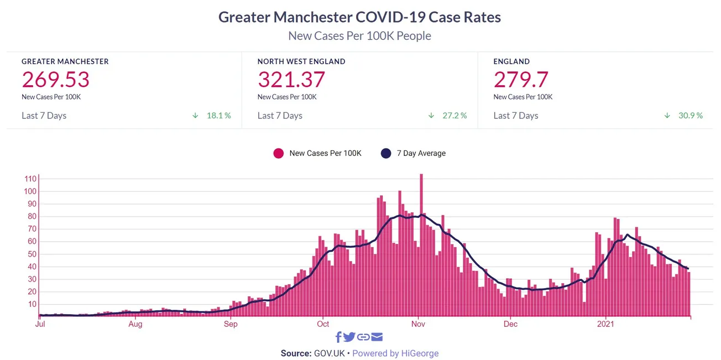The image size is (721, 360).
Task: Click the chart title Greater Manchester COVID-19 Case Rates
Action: click(359, 17)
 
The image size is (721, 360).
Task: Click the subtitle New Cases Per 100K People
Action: click(359, 36)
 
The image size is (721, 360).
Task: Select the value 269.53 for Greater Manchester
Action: click(55, 80)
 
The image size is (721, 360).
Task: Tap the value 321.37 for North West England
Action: click(291, 80)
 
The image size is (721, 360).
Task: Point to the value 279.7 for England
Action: click(521, 80)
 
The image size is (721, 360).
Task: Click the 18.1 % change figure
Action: click(219, 116)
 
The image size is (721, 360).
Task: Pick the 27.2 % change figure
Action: click(455, 116)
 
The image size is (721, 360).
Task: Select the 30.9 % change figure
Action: click(691, 116)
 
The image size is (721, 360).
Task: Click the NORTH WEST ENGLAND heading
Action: click(301, 61)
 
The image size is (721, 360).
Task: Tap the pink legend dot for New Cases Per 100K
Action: click(279, 153)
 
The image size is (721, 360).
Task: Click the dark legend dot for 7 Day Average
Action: click(386, 153)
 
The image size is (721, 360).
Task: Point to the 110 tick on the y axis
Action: click(30, 179)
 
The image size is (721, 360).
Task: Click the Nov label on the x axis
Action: click(418, 324)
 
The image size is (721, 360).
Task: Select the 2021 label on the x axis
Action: click(607, 324)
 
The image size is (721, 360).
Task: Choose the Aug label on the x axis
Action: click(135, 324)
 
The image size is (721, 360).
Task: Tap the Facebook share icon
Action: click(338, 337)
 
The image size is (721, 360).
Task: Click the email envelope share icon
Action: click(377, 337)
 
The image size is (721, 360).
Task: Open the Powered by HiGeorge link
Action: click(395, 353)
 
